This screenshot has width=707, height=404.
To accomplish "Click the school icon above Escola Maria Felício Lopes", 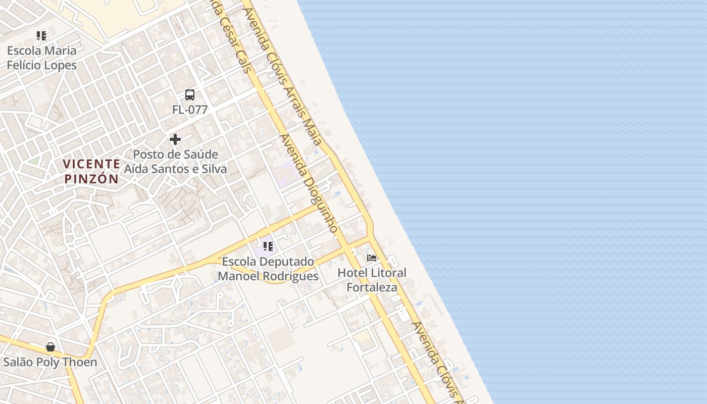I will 41,36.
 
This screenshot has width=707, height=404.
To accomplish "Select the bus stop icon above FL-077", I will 189,95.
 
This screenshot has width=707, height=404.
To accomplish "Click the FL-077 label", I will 190,110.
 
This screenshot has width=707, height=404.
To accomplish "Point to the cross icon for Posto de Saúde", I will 175,139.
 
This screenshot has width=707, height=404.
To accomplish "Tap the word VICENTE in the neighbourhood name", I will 91,164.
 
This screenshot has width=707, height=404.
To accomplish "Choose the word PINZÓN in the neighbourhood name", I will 91,179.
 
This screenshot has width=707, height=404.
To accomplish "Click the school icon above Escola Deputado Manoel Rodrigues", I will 268,246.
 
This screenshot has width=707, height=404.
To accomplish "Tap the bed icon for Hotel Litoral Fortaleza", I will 372,258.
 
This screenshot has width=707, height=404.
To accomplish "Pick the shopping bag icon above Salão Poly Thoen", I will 50,347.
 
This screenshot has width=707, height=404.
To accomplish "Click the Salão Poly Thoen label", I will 50,362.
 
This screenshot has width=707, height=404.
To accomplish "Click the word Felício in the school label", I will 24,65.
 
